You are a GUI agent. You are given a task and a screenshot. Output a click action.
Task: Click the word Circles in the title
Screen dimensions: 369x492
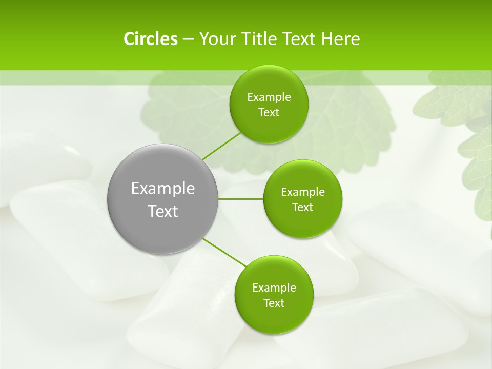coord(150,39)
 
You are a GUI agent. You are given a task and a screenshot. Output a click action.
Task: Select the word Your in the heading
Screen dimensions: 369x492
coord(216,39)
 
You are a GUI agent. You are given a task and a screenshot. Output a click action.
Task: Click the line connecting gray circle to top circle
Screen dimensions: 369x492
coord(221,146)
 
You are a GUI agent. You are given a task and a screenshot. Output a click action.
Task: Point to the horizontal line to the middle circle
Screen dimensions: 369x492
coord(241,199)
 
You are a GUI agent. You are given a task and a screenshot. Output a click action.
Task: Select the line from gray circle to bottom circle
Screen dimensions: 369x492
coord(224,252)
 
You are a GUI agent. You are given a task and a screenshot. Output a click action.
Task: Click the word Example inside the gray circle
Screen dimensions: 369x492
coord(162,189)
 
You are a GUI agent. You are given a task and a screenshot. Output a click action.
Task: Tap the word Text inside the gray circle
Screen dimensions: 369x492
coord(162,211)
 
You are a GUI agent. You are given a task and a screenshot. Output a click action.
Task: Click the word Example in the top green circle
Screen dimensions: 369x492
coord(269,97)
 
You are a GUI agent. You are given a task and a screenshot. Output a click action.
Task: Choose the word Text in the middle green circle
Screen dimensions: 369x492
coord(302,207)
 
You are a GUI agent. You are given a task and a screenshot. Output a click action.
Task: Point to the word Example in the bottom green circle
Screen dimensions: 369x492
coord(274,288)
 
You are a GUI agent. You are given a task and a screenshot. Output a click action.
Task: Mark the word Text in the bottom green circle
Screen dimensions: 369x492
coord(274,303)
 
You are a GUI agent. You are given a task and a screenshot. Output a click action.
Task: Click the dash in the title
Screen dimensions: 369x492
coord(188,39)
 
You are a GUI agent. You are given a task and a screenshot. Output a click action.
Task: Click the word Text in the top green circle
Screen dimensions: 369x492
coord(269,112)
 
